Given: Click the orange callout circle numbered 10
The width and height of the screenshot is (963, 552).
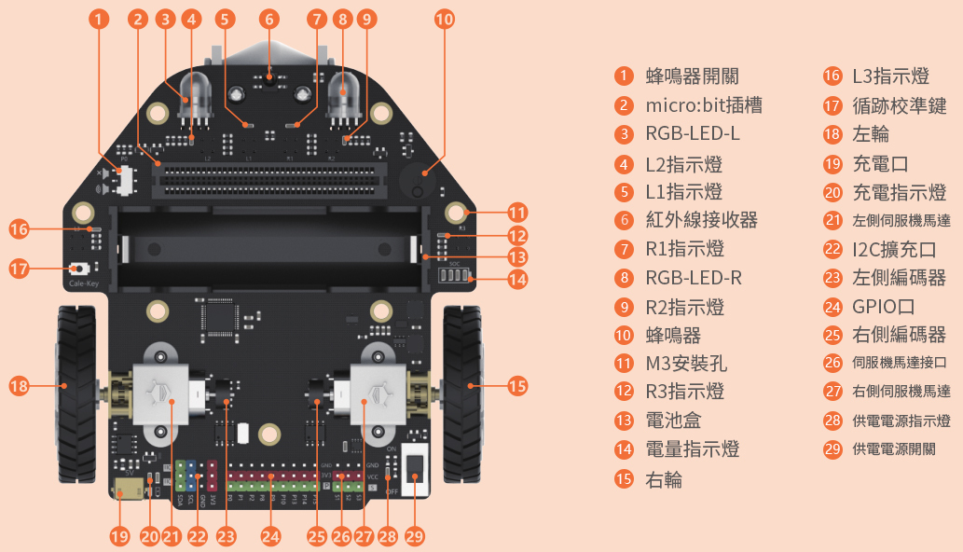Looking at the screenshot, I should coord(445,19).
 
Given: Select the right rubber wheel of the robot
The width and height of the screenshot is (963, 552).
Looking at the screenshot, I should coord(461,384).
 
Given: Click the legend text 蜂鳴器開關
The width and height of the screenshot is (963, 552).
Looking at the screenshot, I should coord(692,76).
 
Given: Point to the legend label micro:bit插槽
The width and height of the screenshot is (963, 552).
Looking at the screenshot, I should coord(704,105).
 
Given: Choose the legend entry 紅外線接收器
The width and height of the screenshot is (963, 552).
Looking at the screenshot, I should coord(701,220).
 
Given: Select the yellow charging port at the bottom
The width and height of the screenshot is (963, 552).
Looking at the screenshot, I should coord(122,490).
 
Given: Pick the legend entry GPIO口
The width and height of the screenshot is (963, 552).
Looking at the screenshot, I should coord(883,306).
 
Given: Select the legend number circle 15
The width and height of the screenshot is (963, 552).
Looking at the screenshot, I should coord(624,479).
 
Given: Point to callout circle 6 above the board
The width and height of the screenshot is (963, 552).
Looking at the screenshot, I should coord(269,19).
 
